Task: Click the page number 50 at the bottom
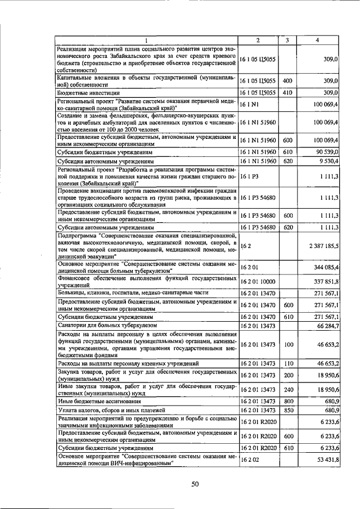pyautogui.click(x=195, y=484)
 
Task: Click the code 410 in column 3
pyautogui.click(x=287, y=92)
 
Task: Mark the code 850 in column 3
pyautogui.click(x=287, y=410)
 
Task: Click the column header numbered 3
pyautogui.click(x=287, y=40)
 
